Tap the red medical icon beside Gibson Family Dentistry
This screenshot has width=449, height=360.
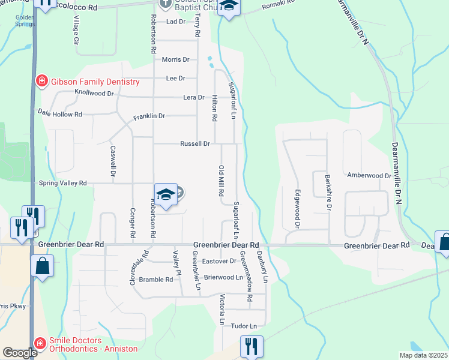[x=42, y=81]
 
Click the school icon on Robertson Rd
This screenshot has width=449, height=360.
[x=166, y=194]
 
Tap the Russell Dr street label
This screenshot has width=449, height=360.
[x=194, y=144]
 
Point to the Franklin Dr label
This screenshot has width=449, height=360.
[x=149, y=116]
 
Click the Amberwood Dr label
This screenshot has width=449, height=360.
[x=369, y=176]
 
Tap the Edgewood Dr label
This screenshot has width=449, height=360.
[x=297, y=208]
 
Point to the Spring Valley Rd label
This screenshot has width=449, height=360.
[x=62, y=183]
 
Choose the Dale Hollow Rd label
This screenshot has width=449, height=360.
[x=59, y=113]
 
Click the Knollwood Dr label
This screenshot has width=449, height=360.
[x=94, y=93]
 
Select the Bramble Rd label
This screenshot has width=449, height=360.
[x=155, y=280]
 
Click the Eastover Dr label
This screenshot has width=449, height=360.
[x=220, y=261]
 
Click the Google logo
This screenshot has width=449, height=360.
[x=20, y=353]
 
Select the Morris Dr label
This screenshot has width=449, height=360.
[x=176, y=59]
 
